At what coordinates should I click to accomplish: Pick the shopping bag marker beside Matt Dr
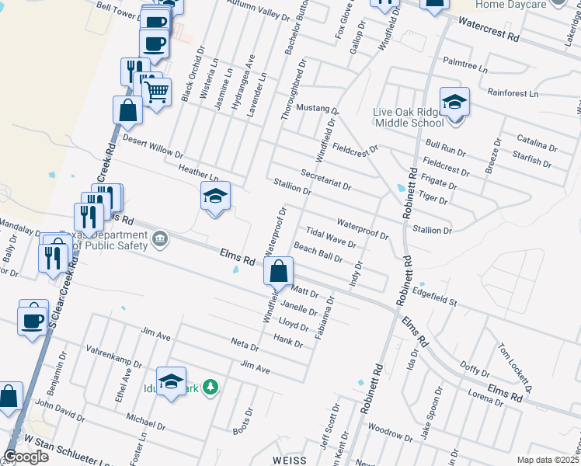tap(278, 272)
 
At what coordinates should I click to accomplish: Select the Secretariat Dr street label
tap(325, 181)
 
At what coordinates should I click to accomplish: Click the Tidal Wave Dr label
tap(331, 237)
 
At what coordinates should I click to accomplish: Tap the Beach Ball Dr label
tap(318, 252)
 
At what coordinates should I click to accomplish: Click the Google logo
tap(26, 456)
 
